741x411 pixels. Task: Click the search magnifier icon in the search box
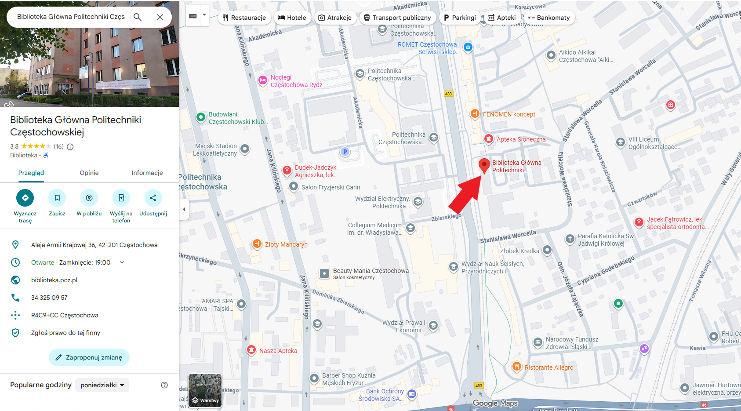(138, 17)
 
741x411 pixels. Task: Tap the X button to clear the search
(160, 17)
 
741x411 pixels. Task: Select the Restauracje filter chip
(244, 18)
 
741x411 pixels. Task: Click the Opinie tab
(89, 173)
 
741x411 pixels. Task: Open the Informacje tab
(147, 173)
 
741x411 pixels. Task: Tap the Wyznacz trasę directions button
(25, 198)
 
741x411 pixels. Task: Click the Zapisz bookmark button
(57, 198)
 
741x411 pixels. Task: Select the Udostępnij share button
(153, 198)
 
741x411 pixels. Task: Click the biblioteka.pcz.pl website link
(54, 280)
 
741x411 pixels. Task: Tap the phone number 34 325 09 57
(49, 298)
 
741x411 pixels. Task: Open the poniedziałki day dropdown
(102, 385)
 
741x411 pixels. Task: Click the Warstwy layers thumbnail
(205, 390)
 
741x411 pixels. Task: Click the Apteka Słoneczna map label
(521, 139)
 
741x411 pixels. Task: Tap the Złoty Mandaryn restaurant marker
(257, 244)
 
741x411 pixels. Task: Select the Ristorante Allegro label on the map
(548, 367)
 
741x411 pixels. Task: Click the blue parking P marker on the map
(345, 152)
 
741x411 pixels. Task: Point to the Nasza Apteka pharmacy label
(278, 351)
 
